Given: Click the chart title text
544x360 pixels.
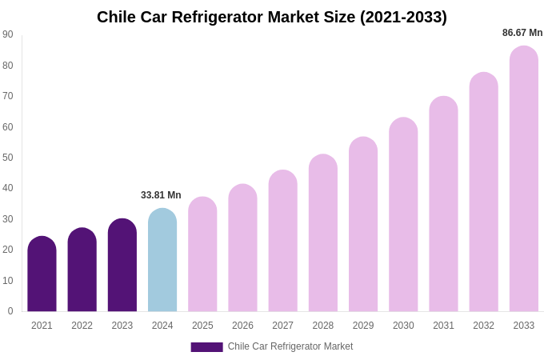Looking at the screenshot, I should (272, 17).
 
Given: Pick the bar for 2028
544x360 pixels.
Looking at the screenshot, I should (323, 233).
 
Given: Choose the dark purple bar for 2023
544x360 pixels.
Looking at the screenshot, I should (122, 265).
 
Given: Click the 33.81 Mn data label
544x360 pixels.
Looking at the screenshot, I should (161, 195).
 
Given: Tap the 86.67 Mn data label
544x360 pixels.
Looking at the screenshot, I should (522, 33).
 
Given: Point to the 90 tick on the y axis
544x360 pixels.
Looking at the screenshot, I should (8, 34).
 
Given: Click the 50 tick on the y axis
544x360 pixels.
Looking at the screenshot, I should (8, 158).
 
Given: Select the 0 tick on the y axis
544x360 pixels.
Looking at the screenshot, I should (10, 311).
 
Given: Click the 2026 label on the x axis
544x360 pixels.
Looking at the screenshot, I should (242, 326).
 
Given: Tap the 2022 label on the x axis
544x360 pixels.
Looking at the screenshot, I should (82, 326).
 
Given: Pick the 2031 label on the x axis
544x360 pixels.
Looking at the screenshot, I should (443, 326).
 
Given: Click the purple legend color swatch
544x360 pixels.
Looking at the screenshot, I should (206, 347).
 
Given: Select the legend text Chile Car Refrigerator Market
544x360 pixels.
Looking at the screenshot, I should (290, 346).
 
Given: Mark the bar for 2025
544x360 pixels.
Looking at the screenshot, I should (202, 254).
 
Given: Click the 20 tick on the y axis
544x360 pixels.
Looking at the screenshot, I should (8, 250).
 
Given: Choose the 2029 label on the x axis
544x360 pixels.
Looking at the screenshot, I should (363, 326).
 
